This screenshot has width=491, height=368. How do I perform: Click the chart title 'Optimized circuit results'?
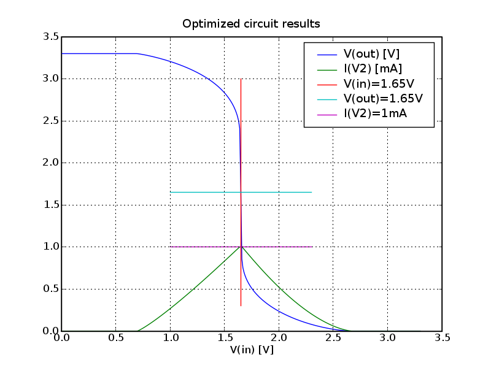(x=251, y=24)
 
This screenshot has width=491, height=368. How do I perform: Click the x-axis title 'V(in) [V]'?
(x=252, y=350)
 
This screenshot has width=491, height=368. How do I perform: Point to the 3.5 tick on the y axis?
(x=52, y=37)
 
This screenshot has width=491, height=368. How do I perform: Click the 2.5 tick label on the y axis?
(x=52, y=121)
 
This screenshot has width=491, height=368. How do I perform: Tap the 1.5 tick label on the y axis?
(x=52, y=205)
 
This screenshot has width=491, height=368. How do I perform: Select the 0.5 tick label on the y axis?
(x=52, y=289)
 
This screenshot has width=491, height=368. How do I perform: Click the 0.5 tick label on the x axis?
(x=116, y=338)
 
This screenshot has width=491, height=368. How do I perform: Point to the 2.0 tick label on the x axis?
(x=279, y=338)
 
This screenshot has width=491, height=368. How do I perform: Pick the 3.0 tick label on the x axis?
(x=388, y=338)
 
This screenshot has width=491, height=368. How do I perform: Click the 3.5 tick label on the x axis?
(x=442, y=338)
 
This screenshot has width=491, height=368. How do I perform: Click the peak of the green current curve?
(x=241, y=247)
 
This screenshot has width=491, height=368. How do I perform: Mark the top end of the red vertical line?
(x=241, y=79)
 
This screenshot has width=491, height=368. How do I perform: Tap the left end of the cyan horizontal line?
(x=170, y=192)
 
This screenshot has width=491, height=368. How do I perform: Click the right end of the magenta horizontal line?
(x=312, y=247)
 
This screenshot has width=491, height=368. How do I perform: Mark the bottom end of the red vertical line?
(x=241, y=305)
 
